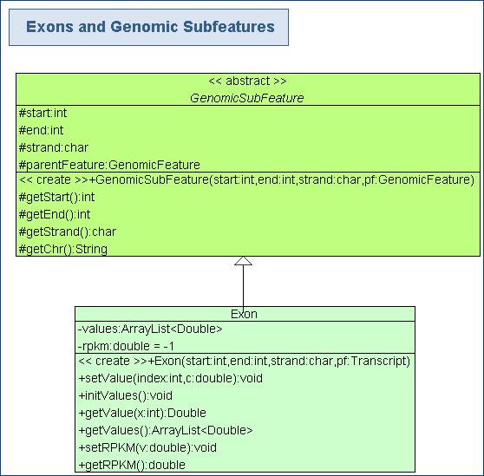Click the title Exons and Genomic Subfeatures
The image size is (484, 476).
coord(150,27)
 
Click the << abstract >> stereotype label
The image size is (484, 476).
coord(247,82)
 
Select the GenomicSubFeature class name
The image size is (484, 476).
coord(247,98)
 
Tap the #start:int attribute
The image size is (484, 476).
coord(43,113)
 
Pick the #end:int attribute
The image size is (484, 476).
coord(41,130)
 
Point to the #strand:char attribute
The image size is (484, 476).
coord(54,147)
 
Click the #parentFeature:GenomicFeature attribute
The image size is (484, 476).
coord(109,165)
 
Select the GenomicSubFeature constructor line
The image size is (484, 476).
coord(246,179)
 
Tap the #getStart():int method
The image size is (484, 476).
coord(56,197)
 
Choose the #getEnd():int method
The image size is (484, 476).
coord(55,214)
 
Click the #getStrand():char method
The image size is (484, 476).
coord(68,231)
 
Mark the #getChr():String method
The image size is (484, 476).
coord(63,249)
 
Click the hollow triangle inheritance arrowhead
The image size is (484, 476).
coord(243,261)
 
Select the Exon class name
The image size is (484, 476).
coord(244,314)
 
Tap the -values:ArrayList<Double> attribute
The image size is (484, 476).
coord(150,329)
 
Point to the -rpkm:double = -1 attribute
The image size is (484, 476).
coord(127,346)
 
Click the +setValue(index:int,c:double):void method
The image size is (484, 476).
coord(171,378)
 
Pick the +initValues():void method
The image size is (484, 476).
coord(126,395)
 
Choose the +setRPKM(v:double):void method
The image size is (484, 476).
coord(147,447)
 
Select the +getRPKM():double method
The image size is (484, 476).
coord(132,465)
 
